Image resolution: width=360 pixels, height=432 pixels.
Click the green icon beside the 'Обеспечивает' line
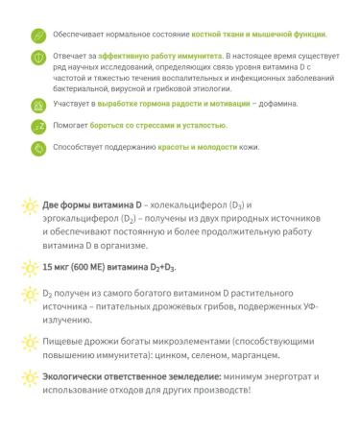point(37,36)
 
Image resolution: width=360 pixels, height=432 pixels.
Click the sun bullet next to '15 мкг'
point(30,266)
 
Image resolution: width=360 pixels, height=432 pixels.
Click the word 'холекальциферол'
point(180,205)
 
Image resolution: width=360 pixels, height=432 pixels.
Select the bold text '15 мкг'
point(60,266)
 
